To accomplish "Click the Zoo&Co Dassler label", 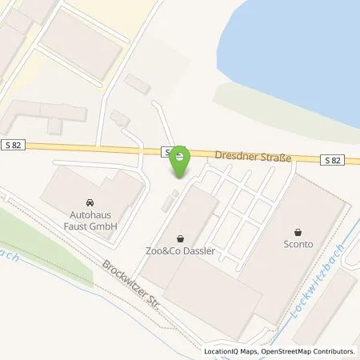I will [182, 250].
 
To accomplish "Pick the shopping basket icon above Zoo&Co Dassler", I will [181, 238].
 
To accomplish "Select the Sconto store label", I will [298, 245].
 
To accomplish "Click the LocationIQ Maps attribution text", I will [230, 351].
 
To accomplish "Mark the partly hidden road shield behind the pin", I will [167, 151].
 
